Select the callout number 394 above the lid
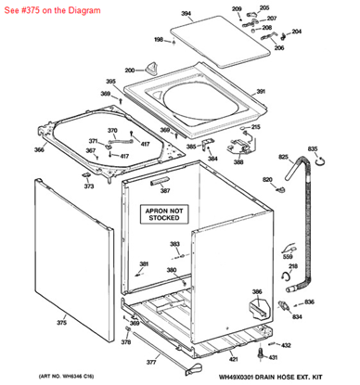[x=186, y=14]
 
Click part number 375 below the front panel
[x=61, y=322]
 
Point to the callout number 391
[x=261, y=91]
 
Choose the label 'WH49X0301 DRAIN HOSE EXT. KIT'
[x=284, y=376]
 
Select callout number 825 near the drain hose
[x=284, y=158]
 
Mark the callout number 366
[x=39, y=149]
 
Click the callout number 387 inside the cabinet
[x=165, y=190]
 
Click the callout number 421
[x=234, y=358]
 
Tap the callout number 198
[x=158, y=39]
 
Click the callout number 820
[x=267, y=179]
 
